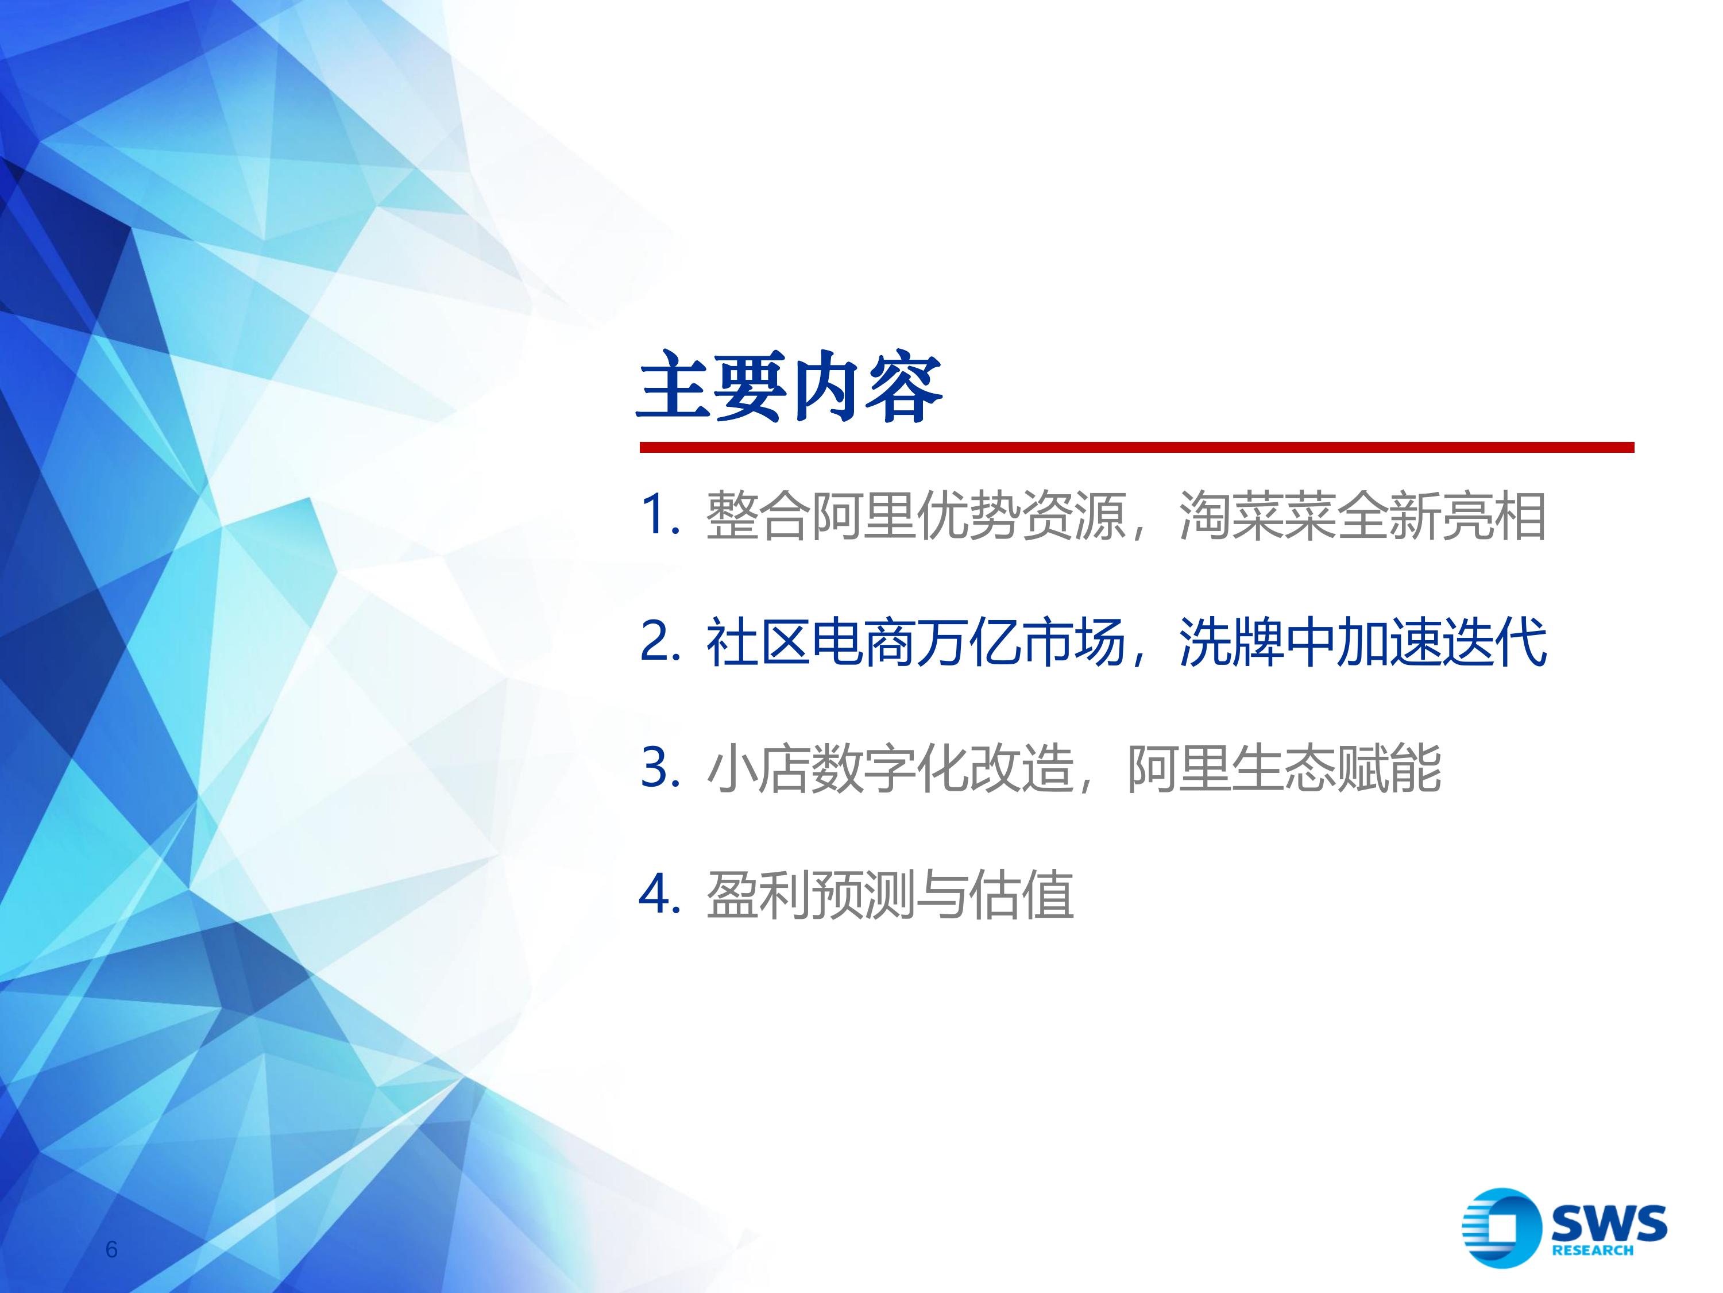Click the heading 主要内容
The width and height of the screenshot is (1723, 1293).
tap(791, 387)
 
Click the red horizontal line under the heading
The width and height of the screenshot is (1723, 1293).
tap(1137, 447)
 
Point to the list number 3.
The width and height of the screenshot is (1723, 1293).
tap(660, 768)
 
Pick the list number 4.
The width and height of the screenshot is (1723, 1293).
tap(660, 894)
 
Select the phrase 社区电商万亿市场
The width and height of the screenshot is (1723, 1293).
tap(916, 642)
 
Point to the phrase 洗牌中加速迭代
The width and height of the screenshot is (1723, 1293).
tap(1362, 642)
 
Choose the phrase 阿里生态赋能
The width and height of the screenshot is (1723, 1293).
tap(1284, 768)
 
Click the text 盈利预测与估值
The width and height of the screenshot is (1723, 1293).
tap(890, 895)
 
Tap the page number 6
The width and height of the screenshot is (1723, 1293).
tap(111, 1249)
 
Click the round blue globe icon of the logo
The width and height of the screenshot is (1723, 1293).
tap(1501, 1227)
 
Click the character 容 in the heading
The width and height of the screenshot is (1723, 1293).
tap(905, 387)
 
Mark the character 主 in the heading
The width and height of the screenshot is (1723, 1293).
tap(675, 387)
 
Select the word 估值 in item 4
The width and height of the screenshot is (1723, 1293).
tap(1022, 895)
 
